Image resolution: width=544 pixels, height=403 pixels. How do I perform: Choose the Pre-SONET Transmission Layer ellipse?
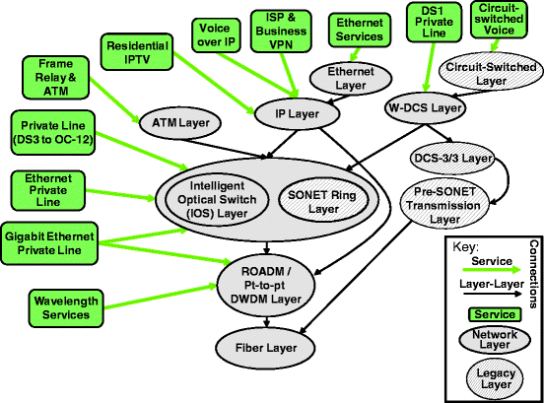(443, 208)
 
